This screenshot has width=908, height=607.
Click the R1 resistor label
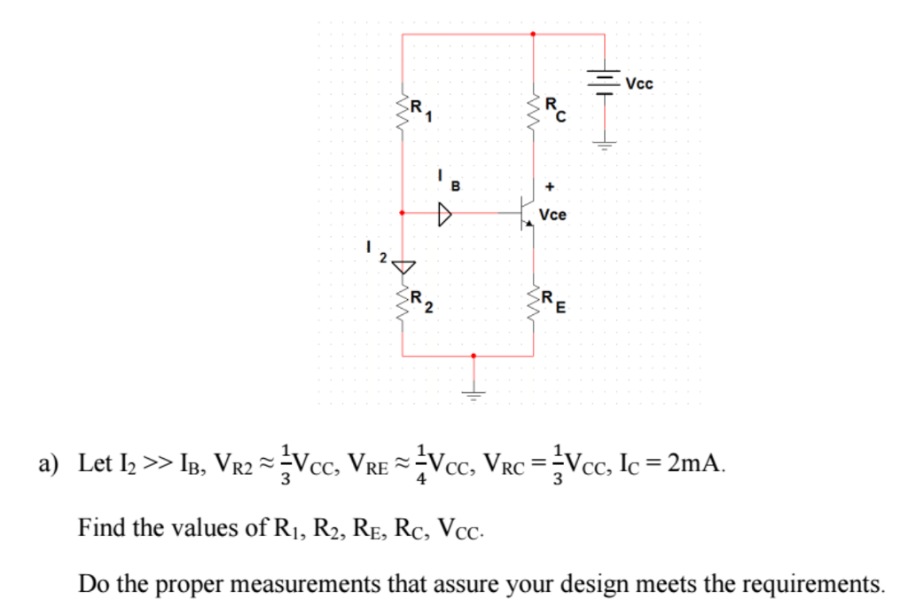(x=419, y=109)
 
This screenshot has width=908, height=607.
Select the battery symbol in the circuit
(x=605, y=83)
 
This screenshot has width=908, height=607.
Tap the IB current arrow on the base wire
(x=443, y=214)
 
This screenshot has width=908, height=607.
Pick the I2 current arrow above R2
(x=403, y=265)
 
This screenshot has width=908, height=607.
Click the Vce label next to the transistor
(x=553, y=215)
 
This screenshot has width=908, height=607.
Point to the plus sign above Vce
(x=552, y=187)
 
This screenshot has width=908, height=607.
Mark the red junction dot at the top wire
(x=533, y=35)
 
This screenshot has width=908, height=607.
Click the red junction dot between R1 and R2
(x=403, y=214)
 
